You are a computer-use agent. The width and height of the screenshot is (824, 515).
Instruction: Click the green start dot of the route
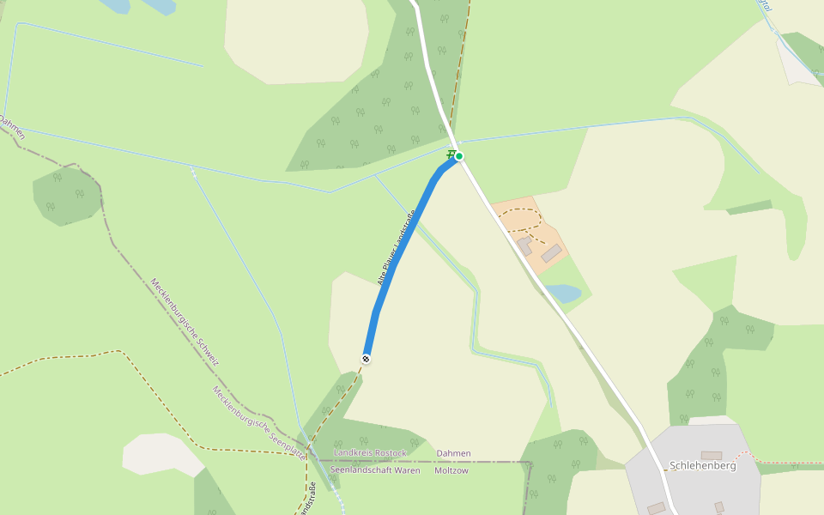pos(459,155)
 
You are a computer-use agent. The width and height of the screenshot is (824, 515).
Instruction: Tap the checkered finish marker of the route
pos(367,359)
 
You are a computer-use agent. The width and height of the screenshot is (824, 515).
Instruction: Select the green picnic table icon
pos(450,154)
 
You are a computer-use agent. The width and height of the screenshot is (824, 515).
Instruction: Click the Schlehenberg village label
pos(702,466)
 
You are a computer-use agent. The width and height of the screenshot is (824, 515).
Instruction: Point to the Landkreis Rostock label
pos(370,452)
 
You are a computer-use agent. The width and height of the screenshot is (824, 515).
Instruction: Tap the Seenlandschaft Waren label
pos(375,470)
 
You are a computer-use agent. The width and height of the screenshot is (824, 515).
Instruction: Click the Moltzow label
pos(451,470)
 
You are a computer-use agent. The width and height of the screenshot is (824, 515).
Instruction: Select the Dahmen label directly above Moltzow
pos(453,453)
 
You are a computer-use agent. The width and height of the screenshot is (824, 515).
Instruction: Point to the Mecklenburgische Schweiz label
pos(185,321)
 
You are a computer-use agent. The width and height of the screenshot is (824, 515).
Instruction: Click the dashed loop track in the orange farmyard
pos(520,221)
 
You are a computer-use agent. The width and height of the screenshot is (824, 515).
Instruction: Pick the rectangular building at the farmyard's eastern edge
pos(552,252)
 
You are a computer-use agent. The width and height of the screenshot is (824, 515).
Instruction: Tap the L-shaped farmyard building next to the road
pos(524,247)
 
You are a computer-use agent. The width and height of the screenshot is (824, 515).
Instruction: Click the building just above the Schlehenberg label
pos(712,455)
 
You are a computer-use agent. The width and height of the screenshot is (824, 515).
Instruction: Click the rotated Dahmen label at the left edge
pos(12,127)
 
